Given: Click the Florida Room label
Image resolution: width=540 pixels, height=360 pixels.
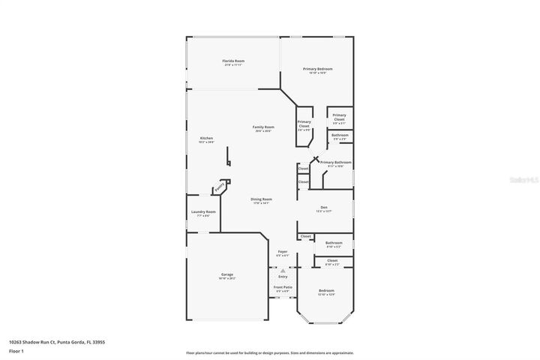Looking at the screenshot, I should [x=233, y=61].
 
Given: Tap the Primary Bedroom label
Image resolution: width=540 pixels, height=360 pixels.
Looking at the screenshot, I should [x=317, y=69].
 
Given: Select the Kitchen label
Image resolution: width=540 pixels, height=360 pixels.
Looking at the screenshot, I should [x=206, y=138].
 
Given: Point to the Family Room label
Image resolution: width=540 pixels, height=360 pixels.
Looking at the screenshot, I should [x=262, y=127].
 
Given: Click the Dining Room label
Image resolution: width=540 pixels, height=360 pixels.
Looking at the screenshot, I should [x=261, y=199].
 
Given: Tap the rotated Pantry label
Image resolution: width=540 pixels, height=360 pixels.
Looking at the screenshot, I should [x=220, y=188].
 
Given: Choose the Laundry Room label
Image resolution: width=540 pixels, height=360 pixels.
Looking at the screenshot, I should [x=203, y=212].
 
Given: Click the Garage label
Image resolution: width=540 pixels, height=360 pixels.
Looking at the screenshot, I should [x=226, y=275].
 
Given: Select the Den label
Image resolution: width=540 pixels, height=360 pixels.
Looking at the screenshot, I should [x=323, y=209].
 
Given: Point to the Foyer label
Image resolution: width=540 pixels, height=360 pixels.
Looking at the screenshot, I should [x=283, y=251].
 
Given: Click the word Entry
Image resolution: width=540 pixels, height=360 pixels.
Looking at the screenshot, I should [x=283, y=276].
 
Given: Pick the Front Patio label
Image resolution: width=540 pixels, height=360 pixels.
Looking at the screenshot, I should [x=283, y=287].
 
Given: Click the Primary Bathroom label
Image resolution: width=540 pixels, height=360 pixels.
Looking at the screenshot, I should [x=335, y=163].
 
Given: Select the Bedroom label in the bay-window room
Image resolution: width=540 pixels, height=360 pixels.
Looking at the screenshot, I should [x=326, y=290].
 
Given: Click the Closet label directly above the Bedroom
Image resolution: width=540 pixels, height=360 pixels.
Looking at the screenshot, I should [x=332, y=262].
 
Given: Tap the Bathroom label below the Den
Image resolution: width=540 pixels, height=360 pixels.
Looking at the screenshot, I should [x=334, y=243].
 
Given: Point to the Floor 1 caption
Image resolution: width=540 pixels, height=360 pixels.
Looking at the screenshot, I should [x=17, y=350].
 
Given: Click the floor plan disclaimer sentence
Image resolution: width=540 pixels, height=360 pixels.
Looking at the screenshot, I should [x=269, y=352].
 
